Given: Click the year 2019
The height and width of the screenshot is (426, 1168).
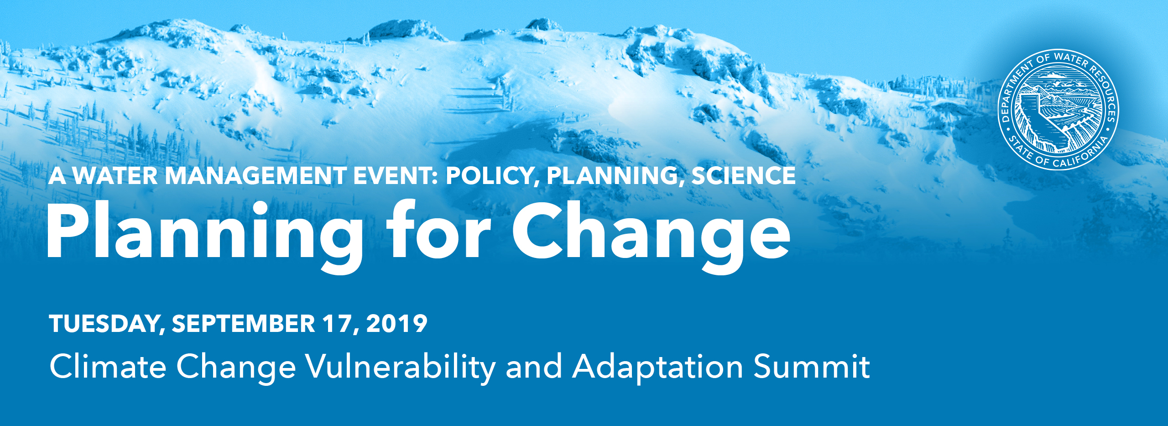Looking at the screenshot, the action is (396, 324).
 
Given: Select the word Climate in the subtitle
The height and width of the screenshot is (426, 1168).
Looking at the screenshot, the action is (108, 366).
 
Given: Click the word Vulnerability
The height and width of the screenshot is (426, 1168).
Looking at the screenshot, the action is (401, 368).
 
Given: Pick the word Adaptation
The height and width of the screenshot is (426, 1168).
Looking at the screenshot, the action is (658, 368).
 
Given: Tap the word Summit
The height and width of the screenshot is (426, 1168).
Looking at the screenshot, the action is (812, 366).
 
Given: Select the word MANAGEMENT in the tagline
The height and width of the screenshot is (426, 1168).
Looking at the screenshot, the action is (255, 176).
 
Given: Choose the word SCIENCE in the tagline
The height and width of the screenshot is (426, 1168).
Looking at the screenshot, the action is (744, 176).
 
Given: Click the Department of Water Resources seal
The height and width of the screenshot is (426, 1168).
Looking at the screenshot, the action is (1058, 110).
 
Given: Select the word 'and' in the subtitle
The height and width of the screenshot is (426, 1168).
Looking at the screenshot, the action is (534, 366).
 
